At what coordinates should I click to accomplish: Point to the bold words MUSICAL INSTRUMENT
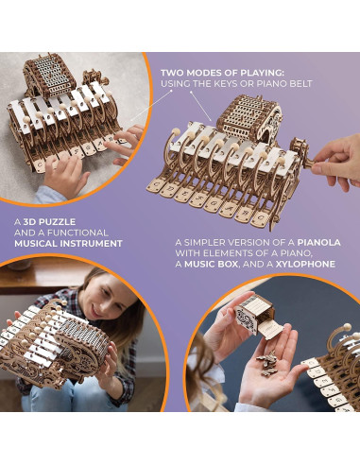tap(67, 243)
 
